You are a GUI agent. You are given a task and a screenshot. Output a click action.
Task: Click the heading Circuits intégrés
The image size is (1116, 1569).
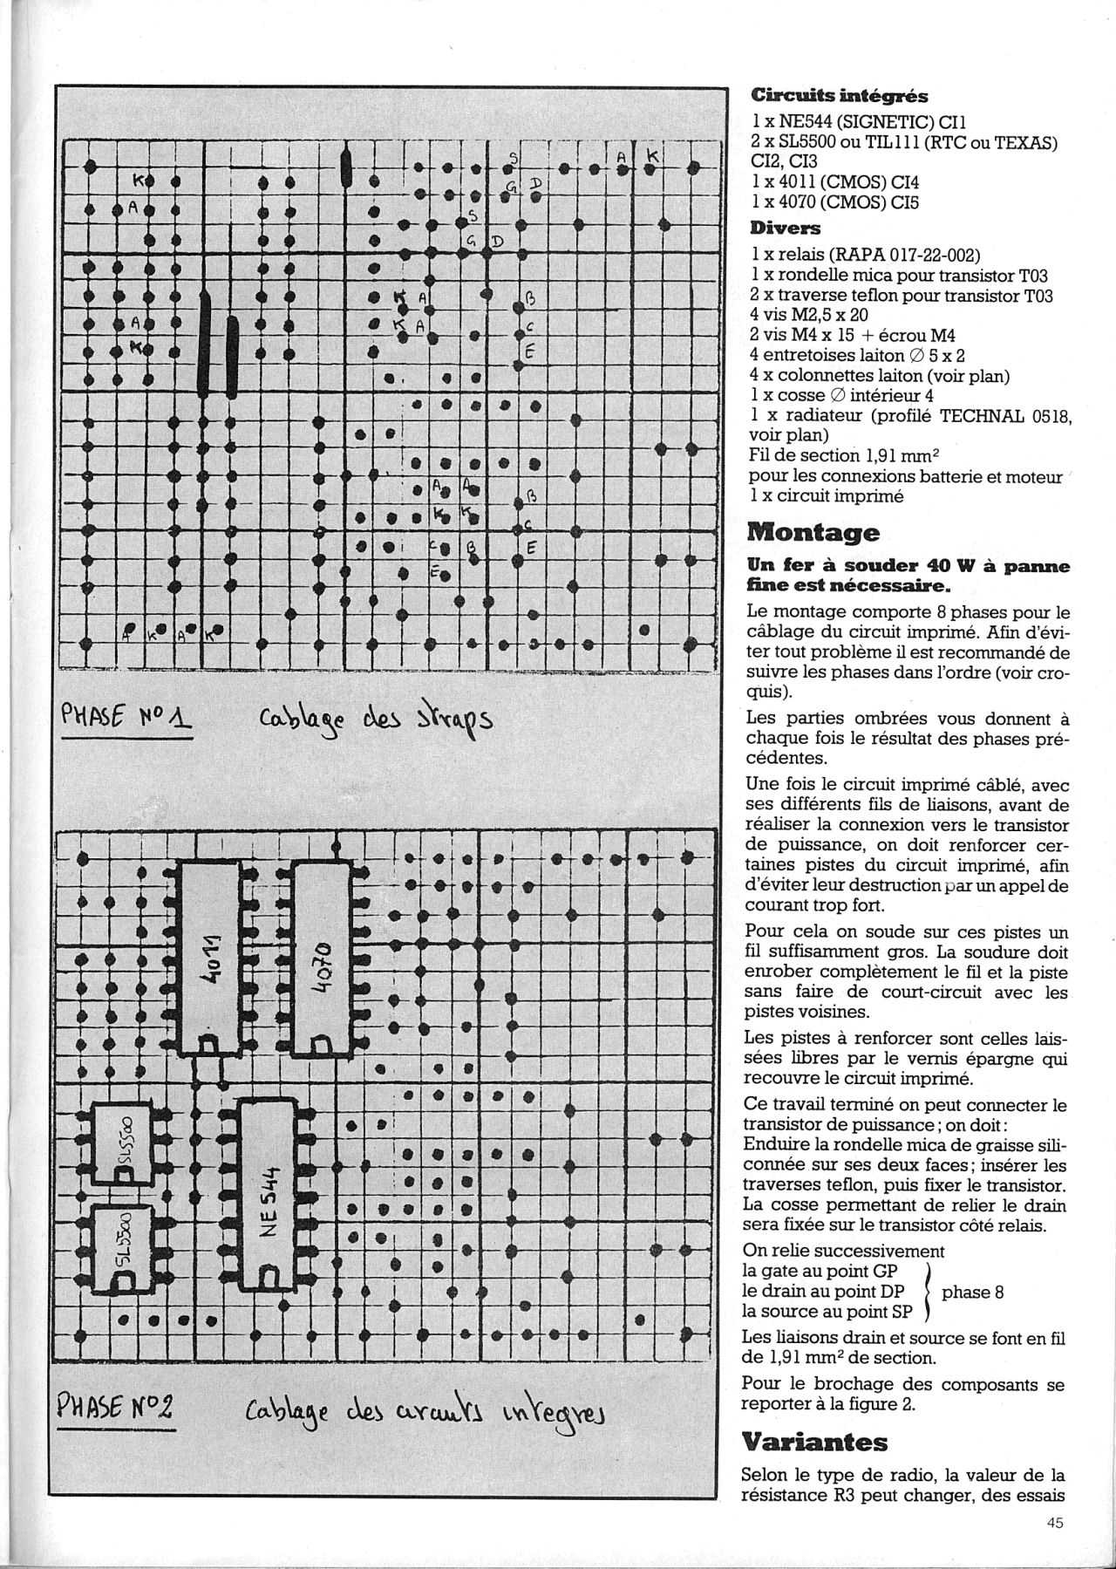[839, 96]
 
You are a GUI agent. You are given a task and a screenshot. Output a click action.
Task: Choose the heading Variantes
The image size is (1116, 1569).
[813, 1442]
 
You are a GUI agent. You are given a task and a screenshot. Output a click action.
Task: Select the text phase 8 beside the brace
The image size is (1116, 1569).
[973, 1292]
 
